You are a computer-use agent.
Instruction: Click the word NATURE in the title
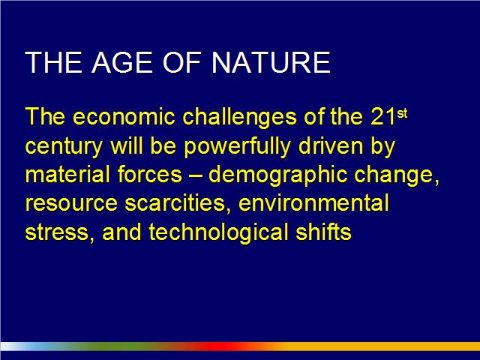coord(271,62)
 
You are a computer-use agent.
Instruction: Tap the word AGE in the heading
coord(122,62)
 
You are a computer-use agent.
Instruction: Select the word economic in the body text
coord(124,117)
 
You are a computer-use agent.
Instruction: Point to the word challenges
coord(240,118)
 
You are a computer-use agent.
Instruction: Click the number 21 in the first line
coord(383,117)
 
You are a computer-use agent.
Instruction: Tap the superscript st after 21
coord(402,113)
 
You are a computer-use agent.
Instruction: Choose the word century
coord(64,147)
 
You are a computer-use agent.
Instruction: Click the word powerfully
coord(237,146)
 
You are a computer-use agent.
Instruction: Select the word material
coord(67,174)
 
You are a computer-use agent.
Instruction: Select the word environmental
coord(313,202)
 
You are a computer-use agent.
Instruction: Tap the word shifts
coord(323,232)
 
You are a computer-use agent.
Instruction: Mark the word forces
coord(150,174)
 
